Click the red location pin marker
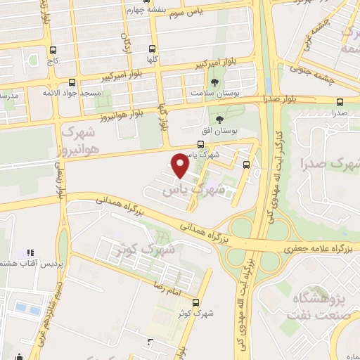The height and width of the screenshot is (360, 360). (181, 165)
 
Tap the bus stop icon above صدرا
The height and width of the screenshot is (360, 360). (340, 101)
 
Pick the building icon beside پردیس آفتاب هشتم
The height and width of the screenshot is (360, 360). (30, 252)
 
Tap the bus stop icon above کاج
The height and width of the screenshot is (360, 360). (53, 51)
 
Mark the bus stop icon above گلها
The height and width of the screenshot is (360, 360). (153, 48)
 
